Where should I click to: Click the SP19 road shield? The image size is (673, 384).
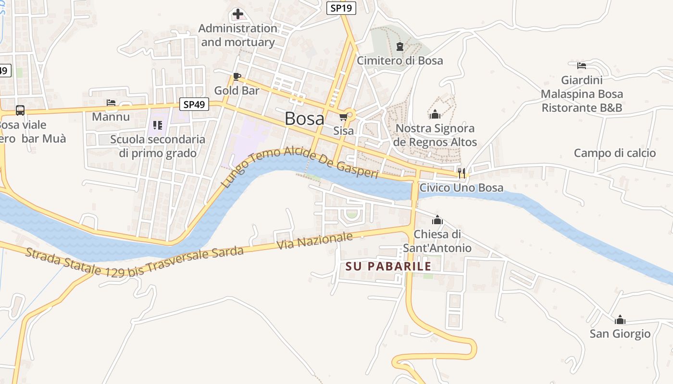tap(341, 8)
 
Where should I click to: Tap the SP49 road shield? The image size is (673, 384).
tap(194, 104)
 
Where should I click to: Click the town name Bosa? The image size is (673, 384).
tap(304, 119)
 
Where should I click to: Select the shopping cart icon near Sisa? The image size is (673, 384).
tap(343, 117)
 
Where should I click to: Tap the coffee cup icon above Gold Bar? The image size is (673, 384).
tap(237, 76)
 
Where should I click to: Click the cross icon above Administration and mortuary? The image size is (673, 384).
tap(237, 14)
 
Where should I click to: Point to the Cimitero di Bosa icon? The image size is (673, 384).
tap(399, 47)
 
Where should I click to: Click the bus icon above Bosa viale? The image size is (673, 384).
tap(20, 110)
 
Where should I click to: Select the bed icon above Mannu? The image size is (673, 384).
tap(111, 103)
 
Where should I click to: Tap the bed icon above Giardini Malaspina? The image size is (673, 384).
tap(582, 66)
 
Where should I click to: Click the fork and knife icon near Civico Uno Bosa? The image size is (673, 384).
tap(461, 173)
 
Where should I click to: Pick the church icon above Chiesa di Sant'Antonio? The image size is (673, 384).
tap(437, 220)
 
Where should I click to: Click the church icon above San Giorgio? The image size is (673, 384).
tap(620, 319)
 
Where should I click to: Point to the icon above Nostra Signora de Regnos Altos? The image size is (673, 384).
tap(435, 114)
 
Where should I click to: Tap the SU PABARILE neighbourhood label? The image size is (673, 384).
tap(388, 266)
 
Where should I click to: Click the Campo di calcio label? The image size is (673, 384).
tap(615, 153)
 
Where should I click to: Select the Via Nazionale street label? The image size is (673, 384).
tap(315, 241)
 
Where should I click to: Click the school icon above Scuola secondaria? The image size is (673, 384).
tap(157, 125)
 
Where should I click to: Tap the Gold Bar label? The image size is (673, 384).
tap(237, 90)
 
